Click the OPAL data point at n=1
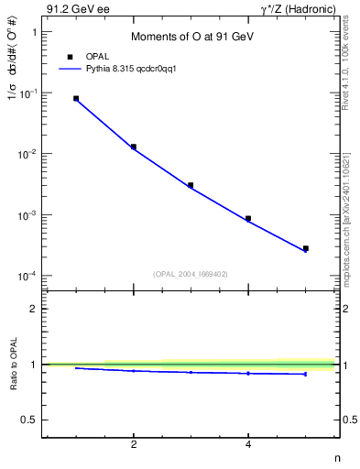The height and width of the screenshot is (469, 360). (x=76, y=98)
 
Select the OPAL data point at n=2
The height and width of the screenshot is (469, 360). (x=134, y=147)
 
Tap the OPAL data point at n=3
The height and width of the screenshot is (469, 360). (x=191, y=185)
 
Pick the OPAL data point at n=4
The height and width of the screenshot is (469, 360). (x=248, y=219)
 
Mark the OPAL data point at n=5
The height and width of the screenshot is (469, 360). (x=305, y=248)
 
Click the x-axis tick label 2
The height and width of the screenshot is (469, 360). (x=134, y=445)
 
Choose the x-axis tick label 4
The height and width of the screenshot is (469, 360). (x=248, y=445)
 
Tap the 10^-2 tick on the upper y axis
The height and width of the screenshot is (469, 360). (x=28, y=154)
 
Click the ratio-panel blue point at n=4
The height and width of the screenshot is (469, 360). (x=248, y=373)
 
